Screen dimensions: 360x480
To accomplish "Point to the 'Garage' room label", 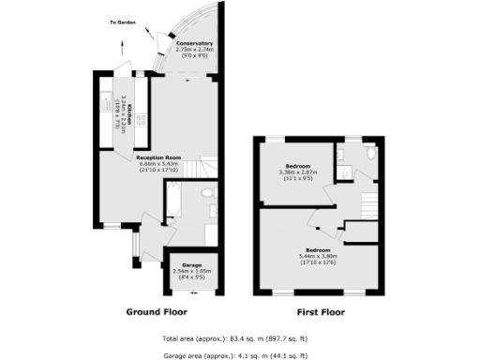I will click(192, 264).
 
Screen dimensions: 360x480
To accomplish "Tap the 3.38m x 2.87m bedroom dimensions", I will click(299, 172).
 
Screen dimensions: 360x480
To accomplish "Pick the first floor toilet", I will click(372, 153).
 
